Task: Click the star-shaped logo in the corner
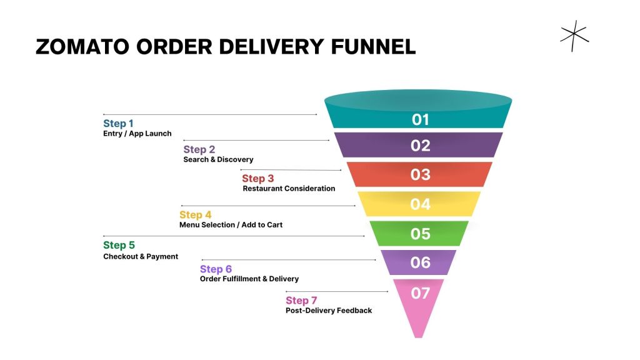click(574, 36)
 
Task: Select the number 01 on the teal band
click(421, 119)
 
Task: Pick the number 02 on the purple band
click(421, 146)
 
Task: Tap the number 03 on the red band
click(420, 174)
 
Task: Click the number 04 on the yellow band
click(420, 204)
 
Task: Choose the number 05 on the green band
click(420, 234)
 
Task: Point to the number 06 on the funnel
click(420, 262)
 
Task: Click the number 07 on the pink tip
click(420, 292)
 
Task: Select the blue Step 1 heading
click(118, 123)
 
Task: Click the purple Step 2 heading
click(199, 149)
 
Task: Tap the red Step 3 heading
click(257, 179)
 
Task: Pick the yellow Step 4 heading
click(195, 215)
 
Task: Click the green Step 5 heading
click(119, 245)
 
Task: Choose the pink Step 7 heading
click(301, 301)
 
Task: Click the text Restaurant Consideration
click(289, 189)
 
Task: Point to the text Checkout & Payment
click(141, 256)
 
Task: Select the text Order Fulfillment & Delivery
click(249, 279)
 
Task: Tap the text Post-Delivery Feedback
click(329, 311)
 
